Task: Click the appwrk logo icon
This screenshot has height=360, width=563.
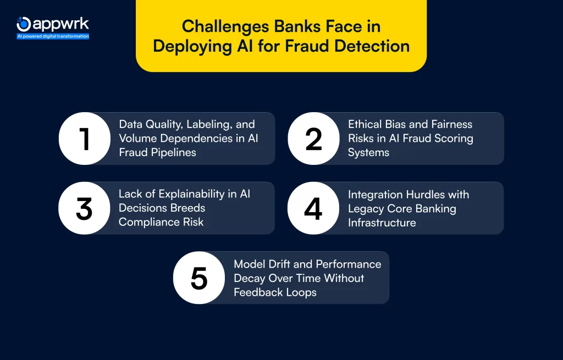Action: [24, 24]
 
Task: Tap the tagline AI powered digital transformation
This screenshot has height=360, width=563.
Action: [53, 36]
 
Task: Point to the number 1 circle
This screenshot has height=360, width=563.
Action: [85, 139]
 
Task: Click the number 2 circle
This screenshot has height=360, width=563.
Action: [313, 139]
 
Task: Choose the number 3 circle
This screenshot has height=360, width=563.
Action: [84, 208]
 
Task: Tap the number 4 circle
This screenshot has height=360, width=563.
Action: [313, 208]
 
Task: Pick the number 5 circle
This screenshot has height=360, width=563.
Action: [198, 278]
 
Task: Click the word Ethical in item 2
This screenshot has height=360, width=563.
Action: [366, 124]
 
